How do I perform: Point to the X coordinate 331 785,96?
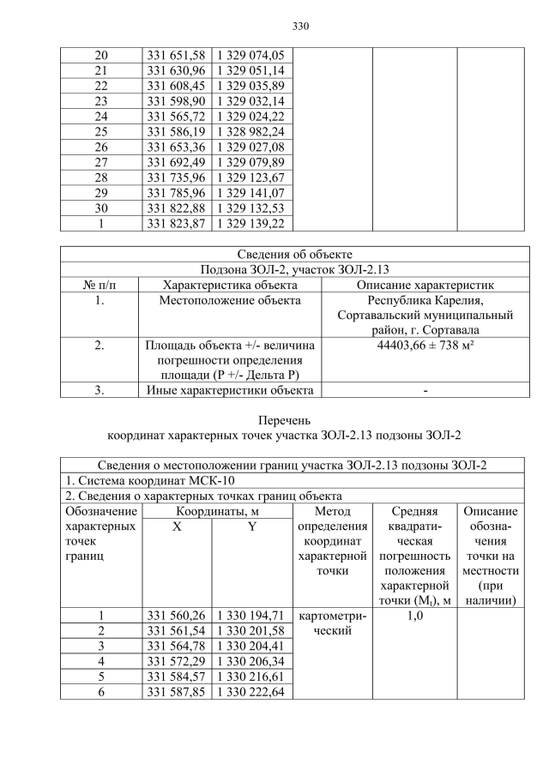click(176, 194)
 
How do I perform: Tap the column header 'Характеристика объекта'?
click(230, 285)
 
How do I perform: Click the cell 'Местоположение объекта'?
click(230, 301)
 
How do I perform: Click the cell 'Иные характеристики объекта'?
click(230, 391)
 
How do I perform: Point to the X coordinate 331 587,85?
click(176, 691)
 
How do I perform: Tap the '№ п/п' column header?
click(100, 285)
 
